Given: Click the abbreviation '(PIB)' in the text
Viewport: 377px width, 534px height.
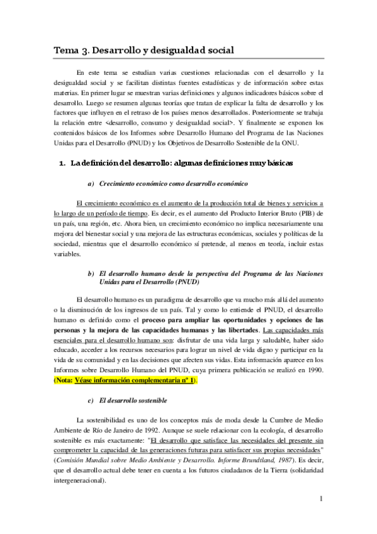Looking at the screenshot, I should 305,214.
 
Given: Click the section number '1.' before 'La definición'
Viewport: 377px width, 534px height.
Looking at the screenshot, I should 62,164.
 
